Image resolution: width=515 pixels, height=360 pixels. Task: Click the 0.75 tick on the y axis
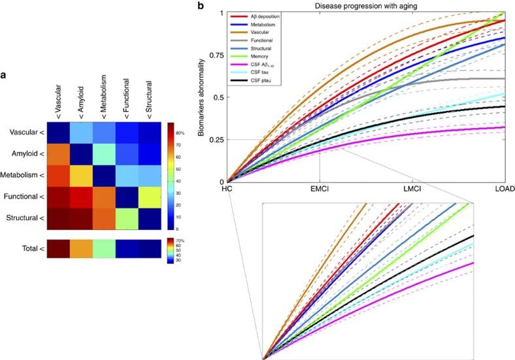tap(214, 56)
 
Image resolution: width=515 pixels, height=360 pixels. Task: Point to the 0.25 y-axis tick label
tap(214, 139)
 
